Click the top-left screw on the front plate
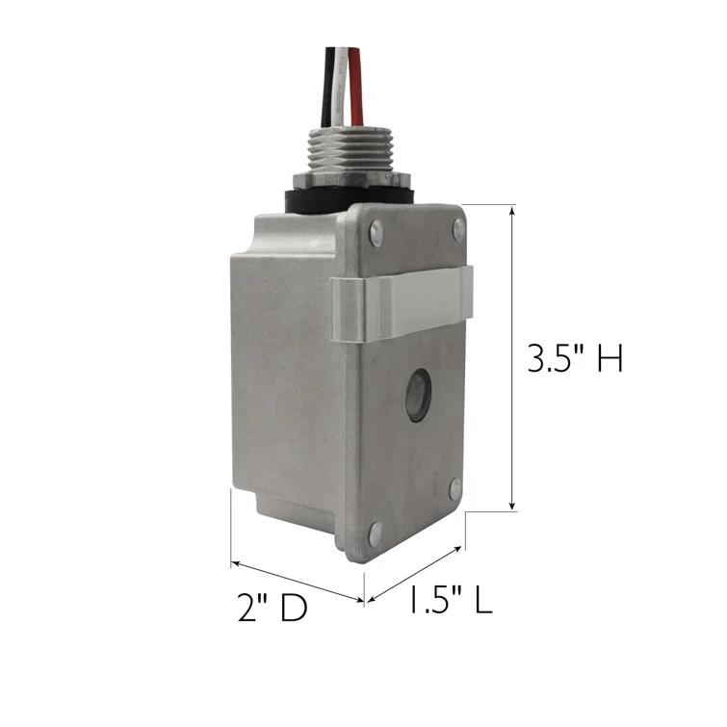point(376,231)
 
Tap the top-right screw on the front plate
point(458,229)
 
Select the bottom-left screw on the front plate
point(375,531)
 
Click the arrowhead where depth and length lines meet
point(363,601)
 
